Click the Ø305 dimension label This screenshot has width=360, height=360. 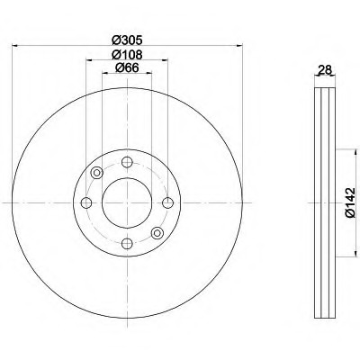127,40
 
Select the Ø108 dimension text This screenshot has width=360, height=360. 127,55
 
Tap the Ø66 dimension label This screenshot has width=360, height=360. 127,68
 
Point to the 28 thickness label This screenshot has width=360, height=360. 325,70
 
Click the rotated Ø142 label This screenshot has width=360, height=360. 350,202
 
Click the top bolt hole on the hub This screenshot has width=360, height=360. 127,162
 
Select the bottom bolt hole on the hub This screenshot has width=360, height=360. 127,243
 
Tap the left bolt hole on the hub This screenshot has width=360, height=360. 86,202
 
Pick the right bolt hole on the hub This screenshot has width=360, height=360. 168,202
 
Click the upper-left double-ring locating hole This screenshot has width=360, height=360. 97,173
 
